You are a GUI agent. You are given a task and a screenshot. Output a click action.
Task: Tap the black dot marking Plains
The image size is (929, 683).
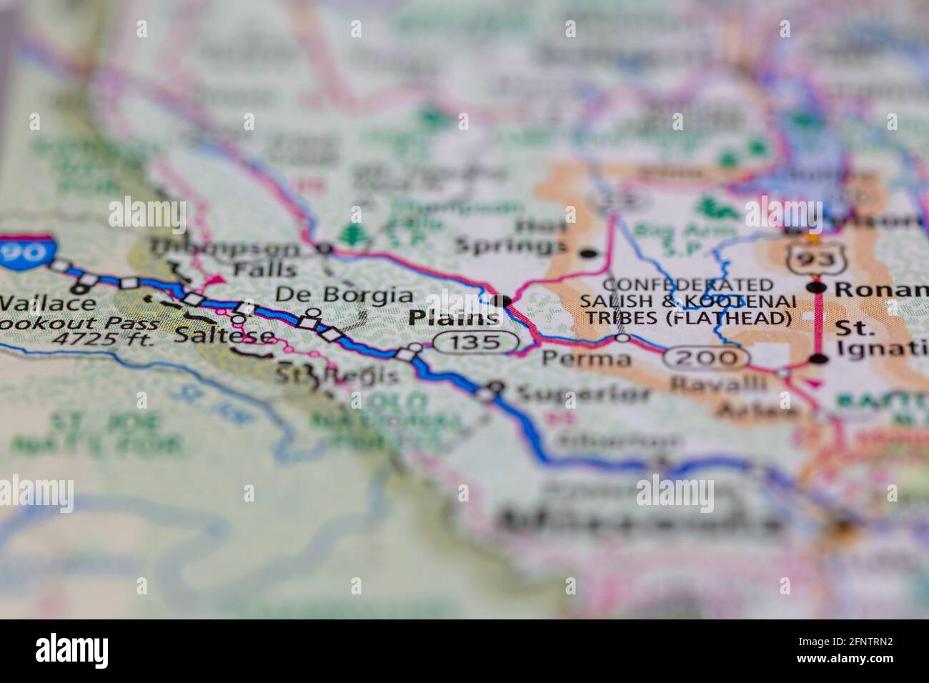click(x=505, y=301)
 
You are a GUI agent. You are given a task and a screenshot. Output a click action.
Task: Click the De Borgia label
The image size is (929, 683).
click(x=344, y=295)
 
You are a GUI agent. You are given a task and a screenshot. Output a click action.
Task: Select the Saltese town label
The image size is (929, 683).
click(x=224, y=334)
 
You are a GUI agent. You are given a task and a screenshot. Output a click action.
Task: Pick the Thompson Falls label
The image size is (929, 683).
click(x=225, y=259)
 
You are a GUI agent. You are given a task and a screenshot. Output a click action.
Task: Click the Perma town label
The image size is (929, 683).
click(x=586, y=357)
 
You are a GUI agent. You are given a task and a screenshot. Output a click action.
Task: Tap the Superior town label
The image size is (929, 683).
click(x=583, y=394)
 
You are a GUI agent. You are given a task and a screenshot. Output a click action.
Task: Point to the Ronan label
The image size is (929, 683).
click(x=881, y=289)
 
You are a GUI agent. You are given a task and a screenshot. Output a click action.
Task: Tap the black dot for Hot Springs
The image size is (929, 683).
click(x=588, y=253)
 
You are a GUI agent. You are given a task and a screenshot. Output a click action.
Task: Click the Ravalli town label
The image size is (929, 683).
click(x=718, y=384)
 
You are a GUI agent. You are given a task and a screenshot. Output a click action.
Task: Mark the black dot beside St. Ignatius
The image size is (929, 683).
click(x=818, y=359)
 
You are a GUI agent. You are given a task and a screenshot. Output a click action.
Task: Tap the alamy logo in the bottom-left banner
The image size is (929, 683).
click(x=72, y=650)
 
